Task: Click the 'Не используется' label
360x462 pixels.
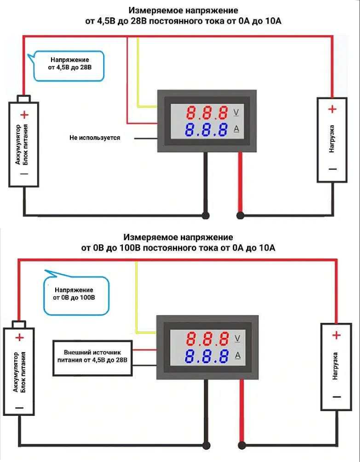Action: [x=95, y=138]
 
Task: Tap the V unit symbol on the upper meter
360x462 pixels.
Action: [x=236, y=112]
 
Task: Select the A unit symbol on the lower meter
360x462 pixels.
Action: [x=238, y=356]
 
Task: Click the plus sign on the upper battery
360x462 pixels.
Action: [x=25, y=115]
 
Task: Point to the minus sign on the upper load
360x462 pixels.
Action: [x=333, y=169]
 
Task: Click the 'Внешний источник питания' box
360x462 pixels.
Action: [x=92, y=358]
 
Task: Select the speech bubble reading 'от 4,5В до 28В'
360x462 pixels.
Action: [x=69, y=65]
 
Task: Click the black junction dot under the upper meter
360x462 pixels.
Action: [x=205, y=215]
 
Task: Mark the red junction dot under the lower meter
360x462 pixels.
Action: [x=242, y=445]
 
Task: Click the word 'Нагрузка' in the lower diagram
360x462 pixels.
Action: [x=335, y=366]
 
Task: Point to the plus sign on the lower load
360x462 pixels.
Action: [x=336, y=335]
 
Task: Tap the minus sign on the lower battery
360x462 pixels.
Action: [x=19, y=408]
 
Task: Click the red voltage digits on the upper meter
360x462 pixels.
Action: [x=207, y=112]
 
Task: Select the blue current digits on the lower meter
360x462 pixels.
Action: [x=207, y=356]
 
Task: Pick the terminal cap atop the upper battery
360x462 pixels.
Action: [x=24, y=98]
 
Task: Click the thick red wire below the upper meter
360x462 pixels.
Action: [x=240, y=183]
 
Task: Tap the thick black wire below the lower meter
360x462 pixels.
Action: [x=206, y=412]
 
